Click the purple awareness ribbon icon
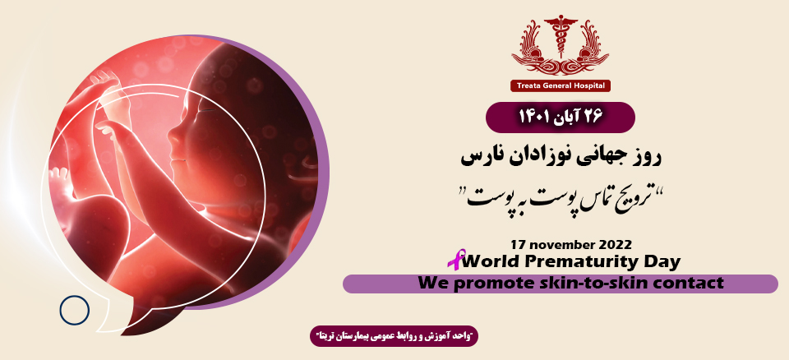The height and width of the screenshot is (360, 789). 454,260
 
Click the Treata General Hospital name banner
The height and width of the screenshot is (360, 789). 561,85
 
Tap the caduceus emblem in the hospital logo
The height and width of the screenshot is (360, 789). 561,41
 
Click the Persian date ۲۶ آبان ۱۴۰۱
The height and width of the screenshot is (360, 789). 561,117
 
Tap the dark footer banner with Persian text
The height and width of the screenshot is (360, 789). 394,336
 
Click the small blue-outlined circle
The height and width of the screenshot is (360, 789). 74,310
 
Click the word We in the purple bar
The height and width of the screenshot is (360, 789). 432,284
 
